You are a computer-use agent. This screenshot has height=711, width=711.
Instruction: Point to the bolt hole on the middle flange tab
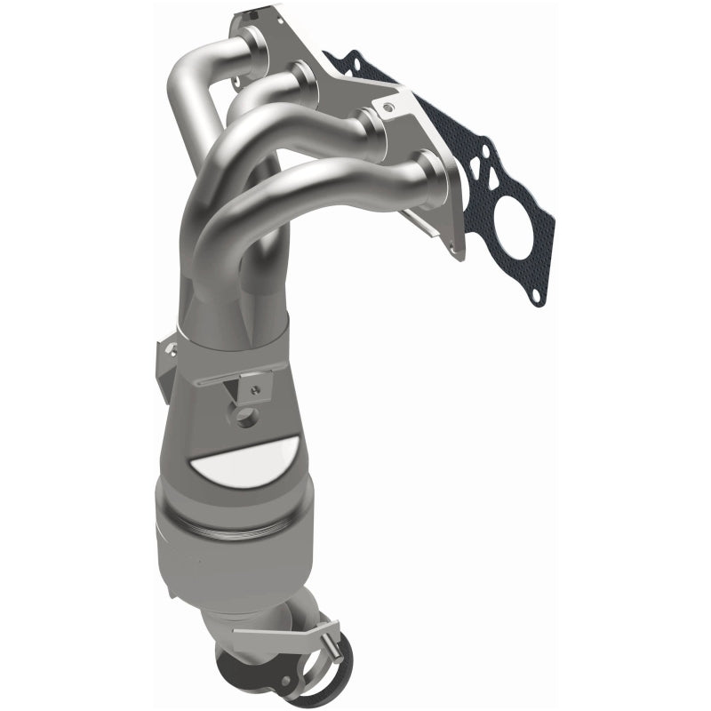384,107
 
